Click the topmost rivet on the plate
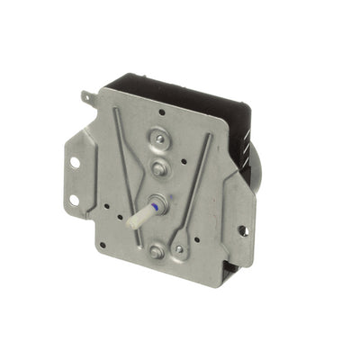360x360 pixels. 160,139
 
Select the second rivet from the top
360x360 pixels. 157,168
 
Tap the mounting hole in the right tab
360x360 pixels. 242,230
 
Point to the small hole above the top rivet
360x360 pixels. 159,113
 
